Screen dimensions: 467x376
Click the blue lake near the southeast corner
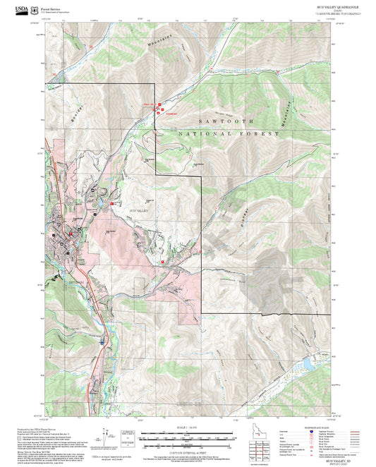(x=308, y=363)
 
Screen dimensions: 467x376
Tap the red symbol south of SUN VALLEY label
(x=163, y=261)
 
